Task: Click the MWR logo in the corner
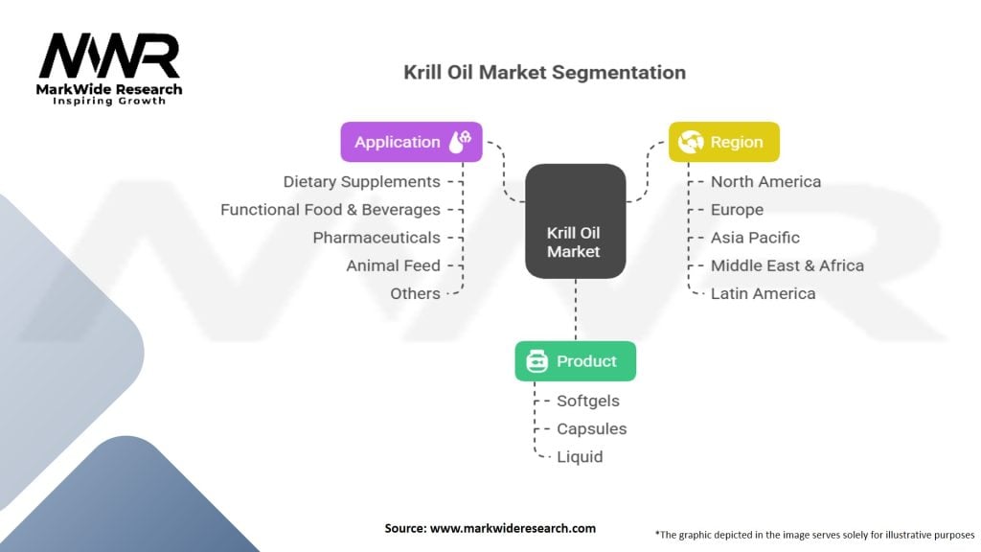tap(109, 69)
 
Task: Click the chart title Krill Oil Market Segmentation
tap(544, 73)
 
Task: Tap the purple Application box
tap(412, 142)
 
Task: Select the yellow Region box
tap(724, 142)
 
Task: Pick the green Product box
tap(576, 361)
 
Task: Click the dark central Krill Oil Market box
tap(576, 221)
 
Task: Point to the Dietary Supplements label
tap(361, 181)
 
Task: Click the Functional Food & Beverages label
tap(331, 210)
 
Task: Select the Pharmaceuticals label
tap(376, 238)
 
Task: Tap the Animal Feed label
tap(394, 266)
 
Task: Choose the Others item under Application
tap(416, 293)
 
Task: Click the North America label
tap(765, 181)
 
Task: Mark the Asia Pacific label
tap(755, 238)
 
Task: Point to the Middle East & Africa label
tap(787, 266)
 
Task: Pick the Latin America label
tap(764, 293)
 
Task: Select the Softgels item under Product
tap(588, 402)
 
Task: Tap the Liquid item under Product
tap(580, 457)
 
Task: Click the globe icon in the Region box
tap(691, 142)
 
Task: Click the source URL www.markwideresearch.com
tap(513, 528)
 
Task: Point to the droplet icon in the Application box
tap(461, 142)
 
